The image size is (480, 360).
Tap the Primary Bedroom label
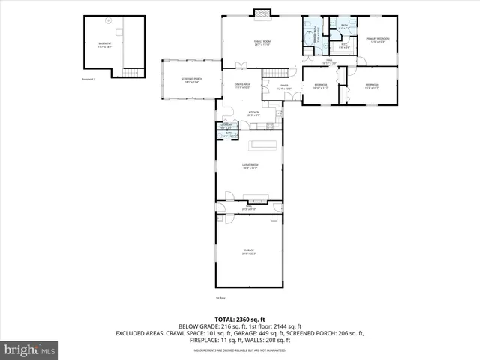(376, 40)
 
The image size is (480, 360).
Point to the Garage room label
(249, 252)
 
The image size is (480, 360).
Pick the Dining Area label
(241, 86)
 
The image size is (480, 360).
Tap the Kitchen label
(253, 113)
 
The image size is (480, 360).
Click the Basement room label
(105, 46)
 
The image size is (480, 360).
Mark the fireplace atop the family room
(262, 13)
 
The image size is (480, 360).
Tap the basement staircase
(132, 72)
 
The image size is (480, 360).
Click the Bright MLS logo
(30, 349)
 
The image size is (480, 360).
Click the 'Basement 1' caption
(91, 79)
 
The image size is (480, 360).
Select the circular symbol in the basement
(108, 22)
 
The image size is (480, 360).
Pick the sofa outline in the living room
(263, 144)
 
